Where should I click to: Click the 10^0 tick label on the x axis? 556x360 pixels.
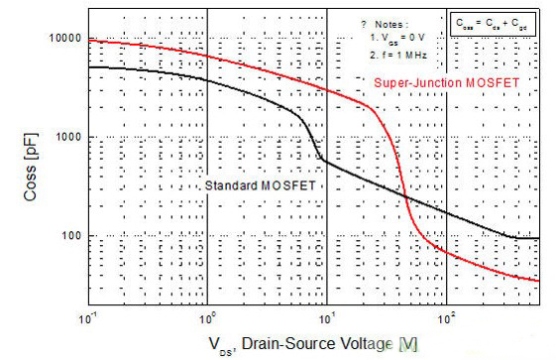pos(208,319)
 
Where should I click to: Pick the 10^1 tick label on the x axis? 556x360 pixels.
pos(328,319)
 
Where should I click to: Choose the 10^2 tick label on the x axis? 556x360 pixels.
pos(448,319)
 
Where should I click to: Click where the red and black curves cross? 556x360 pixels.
pos(407,198)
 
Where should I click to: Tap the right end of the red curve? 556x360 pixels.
pos(538,281)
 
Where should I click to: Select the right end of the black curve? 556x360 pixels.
pos(538,238)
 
